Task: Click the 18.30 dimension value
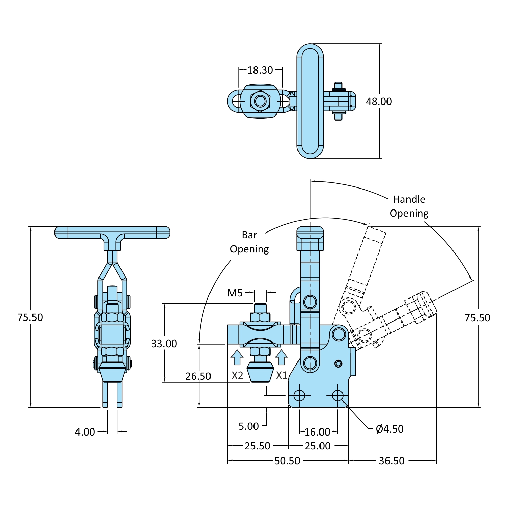pos(260,70)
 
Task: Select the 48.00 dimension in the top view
pos(379,101)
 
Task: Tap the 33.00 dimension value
pos(164,344)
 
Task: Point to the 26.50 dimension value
pos(198,376)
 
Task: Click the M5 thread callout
pos(235,293)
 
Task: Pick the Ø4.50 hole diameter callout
pos(390,429)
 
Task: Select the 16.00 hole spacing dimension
pos(317,432)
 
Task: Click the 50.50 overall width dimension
pos(287,461)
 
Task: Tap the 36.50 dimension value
pos(392,461)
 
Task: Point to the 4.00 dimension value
pos(85,432)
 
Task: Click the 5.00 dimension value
pos(248,426)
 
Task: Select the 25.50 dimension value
pos(257,446)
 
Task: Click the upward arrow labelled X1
pos(281,357)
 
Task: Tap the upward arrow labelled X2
pos(237,357)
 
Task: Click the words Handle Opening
pos(409,206)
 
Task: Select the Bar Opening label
pos(249,242)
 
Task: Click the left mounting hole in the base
pos(299,395)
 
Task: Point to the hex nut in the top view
pos(260,101)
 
